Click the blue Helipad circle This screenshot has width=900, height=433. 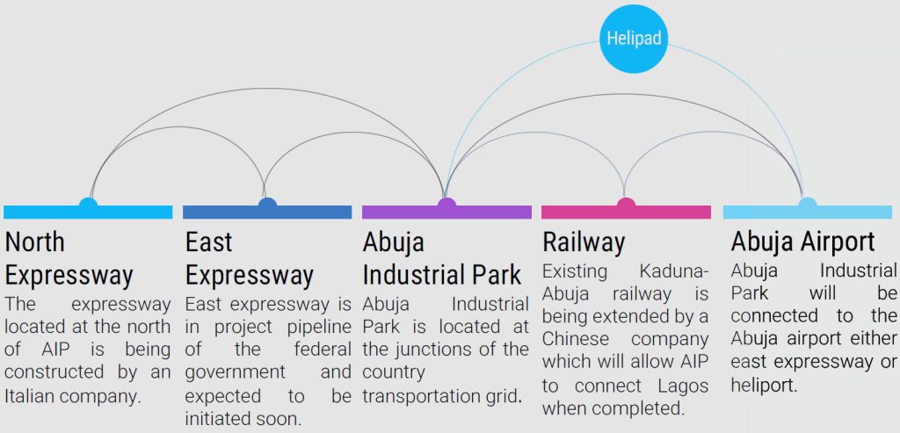click(634, 39)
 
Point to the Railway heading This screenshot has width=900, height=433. click(584, 242)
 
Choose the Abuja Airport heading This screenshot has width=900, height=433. click(802, 242)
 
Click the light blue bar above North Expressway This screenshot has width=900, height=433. click(88, 213)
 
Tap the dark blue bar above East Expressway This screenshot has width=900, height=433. click(267, 213)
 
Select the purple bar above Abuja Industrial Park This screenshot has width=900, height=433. click(446, 213)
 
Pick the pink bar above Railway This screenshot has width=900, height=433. click(626, 213)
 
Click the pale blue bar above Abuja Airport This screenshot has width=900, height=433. click(807, 213)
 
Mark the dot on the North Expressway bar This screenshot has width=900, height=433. click(88, 206)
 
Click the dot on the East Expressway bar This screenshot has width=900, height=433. click(267, 206)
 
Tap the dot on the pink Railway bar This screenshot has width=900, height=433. click(626, 206)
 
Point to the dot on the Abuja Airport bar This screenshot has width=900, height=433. click(807, 206)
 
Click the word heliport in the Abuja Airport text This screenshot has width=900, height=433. click(764, 385)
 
